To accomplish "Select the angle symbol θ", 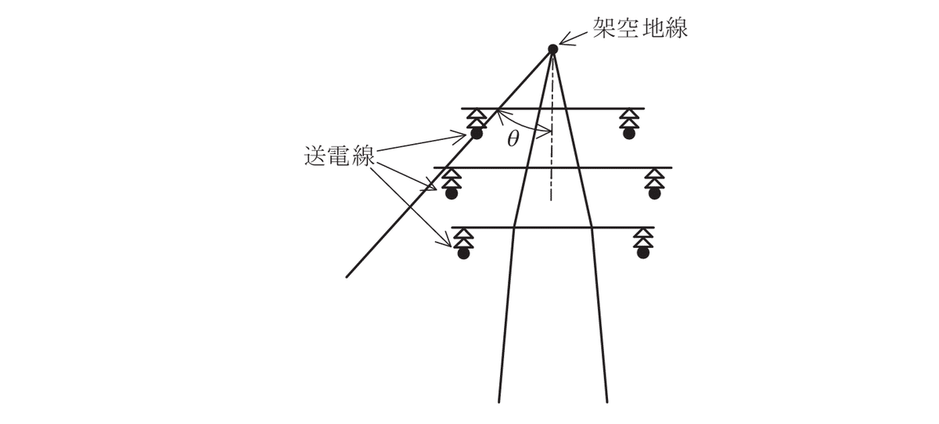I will [x=513, y=138].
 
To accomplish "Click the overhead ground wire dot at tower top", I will [x=552, y=49].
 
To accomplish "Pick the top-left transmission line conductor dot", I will [x=476, y=135].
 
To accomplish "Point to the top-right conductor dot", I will [x=628, y=135].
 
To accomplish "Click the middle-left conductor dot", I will [x=451, y=194].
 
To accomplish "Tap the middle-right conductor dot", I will [x=653, y=194].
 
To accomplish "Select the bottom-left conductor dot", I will [x=464, y=253].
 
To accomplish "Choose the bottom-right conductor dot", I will [x=642, y=253].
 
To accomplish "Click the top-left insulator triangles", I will [x=475, y=118].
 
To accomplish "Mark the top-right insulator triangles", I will [x=628, y=118].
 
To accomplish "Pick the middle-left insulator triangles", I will [x=451, y=178].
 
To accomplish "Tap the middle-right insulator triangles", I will [x=653, y=178].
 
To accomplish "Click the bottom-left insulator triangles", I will [x=464, y=238].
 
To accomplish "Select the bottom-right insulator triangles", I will [x=642, y=238].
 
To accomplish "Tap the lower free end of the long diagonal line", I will [x=347, y=276].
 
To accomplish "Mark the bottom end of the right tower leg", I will [x=607, y=401].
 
